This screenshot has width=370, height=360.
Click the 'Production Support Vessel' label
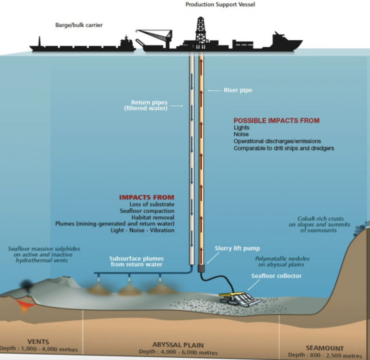coord(220,5)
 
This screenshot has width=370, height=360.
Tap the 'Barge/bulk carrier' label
coord(79,25)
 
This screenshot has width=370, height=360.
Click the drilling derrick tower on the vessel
coord(200,30)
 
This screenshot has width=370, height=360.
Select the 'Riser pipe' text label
coord(238,90)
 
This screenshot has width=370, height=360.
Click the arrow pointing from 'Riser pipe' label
coord(215,90)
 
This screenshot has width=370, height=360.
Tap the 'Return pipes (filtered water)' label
coord(146,106)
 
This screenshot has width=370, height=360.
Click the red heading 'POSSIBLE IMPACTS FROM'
coord(277,121)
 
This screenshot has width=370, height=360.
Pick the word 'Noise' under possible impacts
coord(241,134)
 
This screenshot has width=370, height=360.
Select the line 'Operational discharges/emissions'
coord(277,141)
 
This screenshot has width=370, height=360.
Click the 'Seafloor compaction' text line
coord(147,211)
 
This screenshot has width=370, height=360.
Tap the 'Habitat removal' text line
coord(153,217)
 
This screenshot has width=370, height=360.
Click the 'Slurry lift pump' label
coord(237,248)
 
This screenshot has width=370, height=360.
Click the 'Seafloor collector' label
coord(276,276)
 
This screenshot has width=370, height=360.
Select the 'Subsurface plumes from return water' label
coord(136,261)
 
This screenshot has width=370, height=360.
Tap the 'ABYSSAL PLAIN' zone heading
coord(178,345)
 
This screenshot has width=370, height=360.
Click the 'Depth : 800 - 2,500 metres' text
coord(325,355)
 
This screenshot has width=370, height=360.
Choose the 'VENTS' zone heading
coord(38,341)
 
